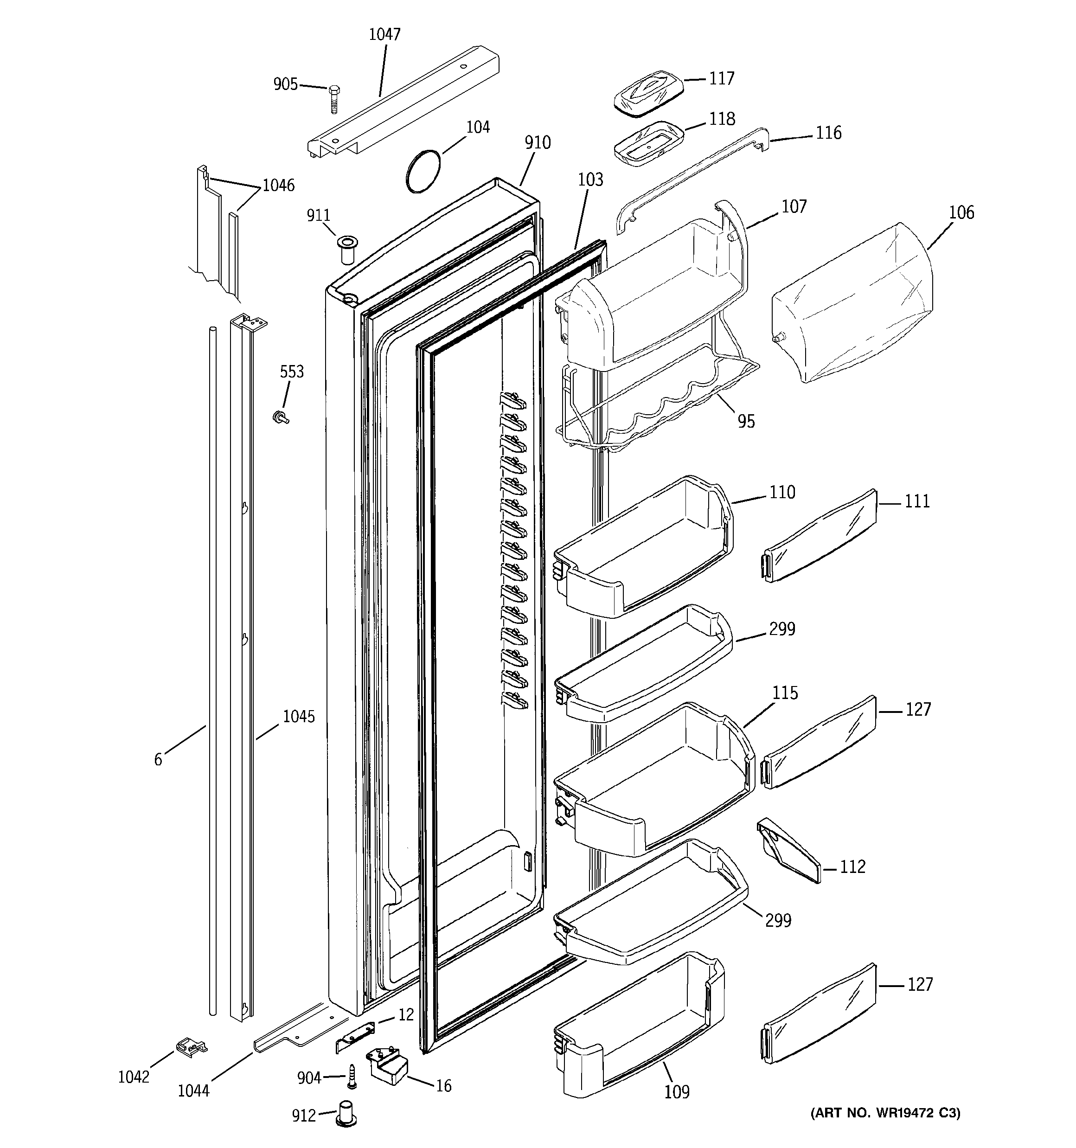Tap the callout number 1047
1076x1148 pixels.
tap(384, 35)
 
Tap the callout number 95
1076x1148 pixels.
tap(746, 422)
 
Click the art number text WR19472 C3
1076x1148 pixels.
tap(885, 1113)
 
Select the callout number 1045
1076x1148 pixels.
tap(299, 717)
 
